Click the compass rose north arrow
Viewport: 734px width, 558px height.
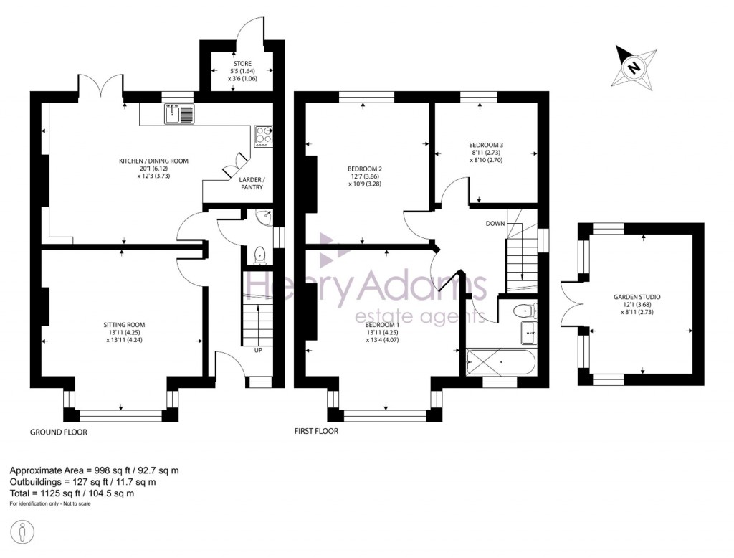634,67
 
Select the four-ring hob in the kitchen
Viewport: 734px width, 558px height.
263,136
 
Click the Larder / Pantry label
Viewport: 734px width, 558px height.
251,183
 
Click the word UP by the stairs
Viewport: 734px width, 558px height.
257,350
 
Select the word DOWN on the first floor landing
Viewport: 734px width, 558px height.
495,224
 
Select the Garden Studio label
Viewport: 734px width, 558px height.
637,296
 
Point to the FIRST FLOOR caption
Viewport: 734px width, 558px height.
316,432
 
